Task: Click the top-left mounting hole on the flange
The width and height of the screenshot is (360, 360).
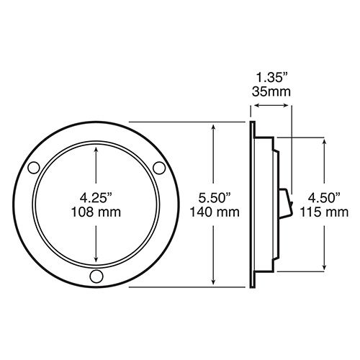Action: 34,168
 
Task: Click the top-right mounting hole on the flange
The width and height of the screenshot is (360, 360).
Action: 159,168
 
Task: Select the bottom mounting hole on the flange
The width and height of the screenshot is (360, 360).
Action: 96,276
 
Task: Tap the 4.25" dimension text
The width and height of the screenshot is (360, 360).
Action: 96,198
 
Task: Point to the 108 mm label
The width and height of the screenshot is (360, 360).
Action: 96,212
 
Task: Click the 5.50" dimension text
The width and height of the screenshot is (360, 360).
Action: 215,198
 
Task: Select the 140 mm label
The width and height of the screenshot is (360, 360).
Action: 215,212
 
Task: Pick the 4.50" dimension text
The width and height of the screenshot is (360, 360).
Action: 324,198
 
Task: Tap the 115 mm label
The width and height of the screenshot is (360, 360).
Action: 324,212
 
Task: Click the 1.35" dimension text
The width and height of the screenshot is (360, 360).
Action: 271,78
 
